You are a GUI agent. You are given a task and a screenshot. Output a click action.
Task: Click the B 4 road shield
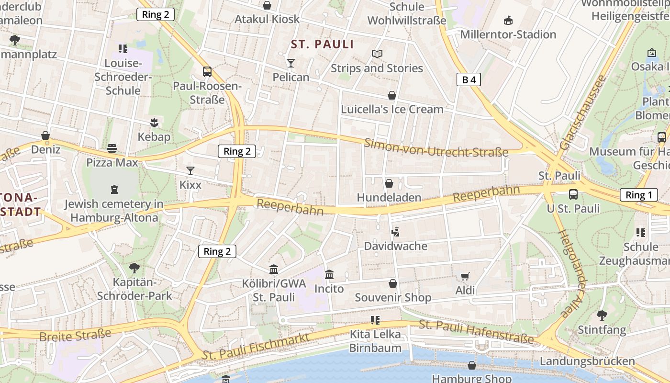coord(469,79)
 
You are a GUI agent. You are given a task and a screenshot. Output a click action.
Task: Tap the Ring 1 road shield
coord(639,195)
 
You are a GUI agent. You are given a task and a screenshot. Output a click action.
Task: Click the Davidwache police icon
coord(395,233)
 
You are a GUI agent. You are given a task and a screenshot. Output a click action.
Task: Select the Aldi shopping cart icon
coord(465,276)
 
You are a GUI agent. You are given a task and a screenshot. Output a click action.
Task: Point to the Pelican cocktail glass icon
coord(290,63)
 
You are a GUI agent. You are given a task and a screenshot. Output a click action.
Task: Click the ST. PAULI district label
coord(323,45)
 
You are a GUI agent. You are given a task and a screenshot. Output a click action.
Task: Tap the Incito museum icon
coord(329,275)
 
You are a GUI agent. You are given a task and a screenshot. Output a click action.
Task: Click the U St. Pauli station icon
coord(573,194)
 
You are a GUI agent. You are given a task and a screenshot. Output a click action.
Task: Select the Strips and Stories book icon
coord(377,54)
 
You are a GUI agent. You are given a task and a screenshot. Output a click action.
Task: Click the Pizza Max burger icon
coord(112,148)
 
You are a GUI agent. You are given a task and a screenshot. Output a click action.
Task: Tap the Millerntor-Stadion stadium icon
coord(508,21)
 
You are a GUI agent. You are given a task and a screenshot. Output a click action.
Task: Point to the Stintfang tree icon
coord(602,315)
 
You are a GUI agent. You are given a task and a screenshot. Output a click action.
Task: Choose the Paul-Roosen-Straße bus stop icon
coord(207,72)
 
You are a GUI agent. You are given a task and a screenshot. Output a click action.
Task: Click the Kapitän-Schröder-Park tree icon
coord(134,268)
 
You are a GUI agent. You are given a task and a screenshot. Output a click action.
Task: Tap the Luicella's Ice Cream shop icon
coord(392,95)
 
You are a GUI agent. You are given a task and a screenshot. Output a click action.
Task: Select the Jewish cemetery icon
coord(114,190)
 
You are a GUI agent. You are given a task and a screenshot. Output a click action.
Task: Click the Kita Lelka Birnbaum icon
coord(375,320)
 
